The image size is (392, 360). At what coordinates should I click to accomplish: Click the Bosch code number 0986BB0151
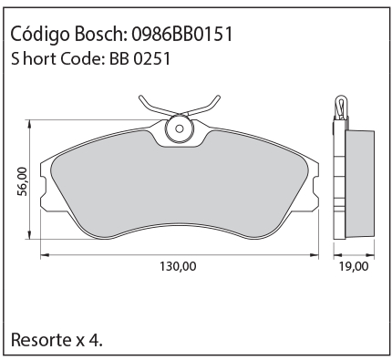click(x=182, y=34)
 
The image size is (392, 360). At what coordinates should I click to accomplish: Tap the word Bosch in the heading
click(x=99, y=34)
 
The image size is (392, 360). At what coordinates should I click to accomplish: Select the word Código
click(x=40, y=35)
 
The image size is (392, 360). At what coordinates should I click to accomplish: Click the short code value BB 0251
click(x=139, y=58)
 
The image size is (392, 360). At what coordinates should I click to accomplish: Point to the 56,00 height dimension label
click(x=22, y=181)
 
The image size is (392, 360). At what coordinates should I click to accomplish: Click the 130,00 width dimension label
click(x=178, y=266)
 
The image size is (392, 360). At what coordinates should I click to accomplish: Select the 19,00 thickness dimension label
click(x=354, y=266)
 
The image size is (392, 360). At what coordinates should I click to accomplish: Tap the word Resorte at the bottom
click(x=41, y=340)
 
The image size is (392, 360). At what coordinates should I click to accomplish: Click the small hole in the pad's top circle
click(x=180, y=129)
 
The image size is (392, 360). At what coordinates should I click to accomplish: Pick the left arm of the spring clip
click(x=157, y=107)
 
